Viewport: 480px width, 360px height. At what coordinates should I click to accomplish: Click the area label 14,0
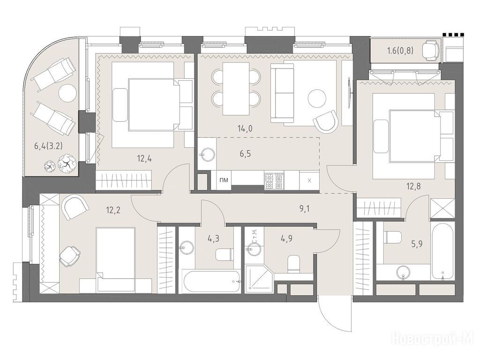click(245, 128)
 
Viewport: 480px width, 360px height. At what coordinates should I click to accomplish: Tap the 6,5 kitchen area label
click(245, 153)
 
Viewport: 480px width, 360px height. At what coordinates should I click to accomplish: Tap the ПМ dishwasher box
click(224, 180)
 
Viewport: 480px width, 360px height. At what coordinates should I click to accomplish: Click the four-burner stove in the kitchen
click(274, 181)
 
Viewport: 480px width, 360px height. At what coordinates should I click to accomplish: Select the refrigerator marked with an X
click(309, 180)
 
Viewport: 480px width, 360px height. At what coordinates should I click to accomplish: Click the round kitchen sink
click(208, 154)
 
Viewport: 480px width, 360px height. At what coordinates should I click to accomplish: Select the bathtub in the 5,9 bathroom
click(442, 251)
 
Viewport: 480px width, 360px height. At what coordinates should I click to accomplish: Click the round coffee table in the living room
click(317, 98)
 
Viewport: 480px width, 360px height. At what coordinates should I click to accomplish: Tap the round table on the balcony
click(67, 93)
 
